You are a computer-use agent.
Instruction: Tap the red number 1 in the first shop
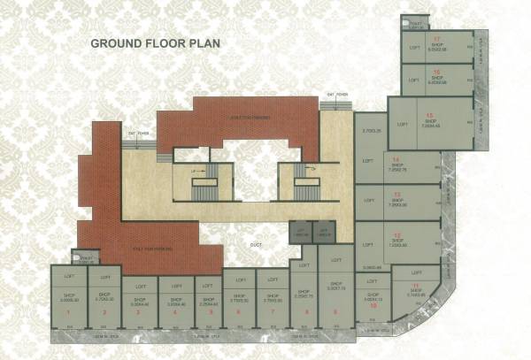coord(69,312)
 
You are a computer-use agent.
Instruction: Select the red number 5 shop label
coord(211,312)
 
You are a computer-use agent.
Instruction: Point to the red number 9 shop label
coord(335,312)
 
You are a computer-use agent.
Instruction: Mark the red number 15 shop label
coord(429,115)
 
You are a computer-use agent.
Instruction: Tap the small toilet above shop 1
coord(86,258)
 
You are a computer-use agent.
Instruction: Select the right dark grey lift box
coord(324,233)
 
